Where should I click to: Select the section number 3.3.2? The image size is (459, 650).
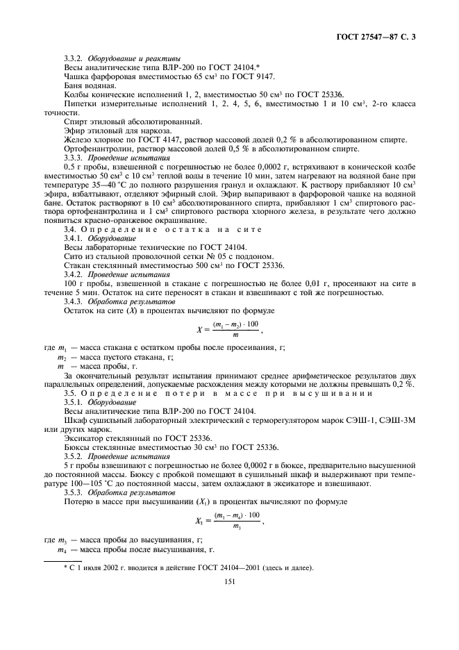75,58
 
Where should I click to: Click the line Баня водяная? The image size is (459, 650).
85,85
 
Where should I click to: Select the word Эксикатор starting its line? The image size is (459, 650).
84,439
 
